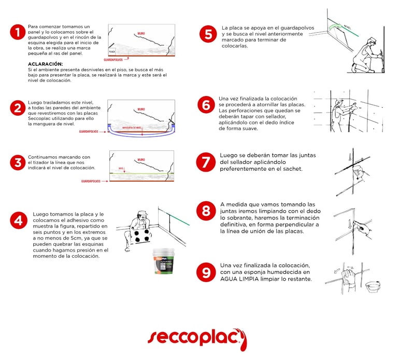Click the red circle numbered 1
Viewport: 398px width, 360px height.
point(18,33)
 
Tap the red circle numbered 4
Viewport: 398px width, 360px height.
point(18,220)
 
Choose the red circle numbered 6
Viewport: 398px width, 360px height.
point(206,105)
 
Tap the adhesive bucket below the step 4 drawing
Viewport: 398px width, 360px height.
point(164,261)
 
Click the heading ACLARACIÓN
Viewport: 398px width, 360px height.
point(45,64)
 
